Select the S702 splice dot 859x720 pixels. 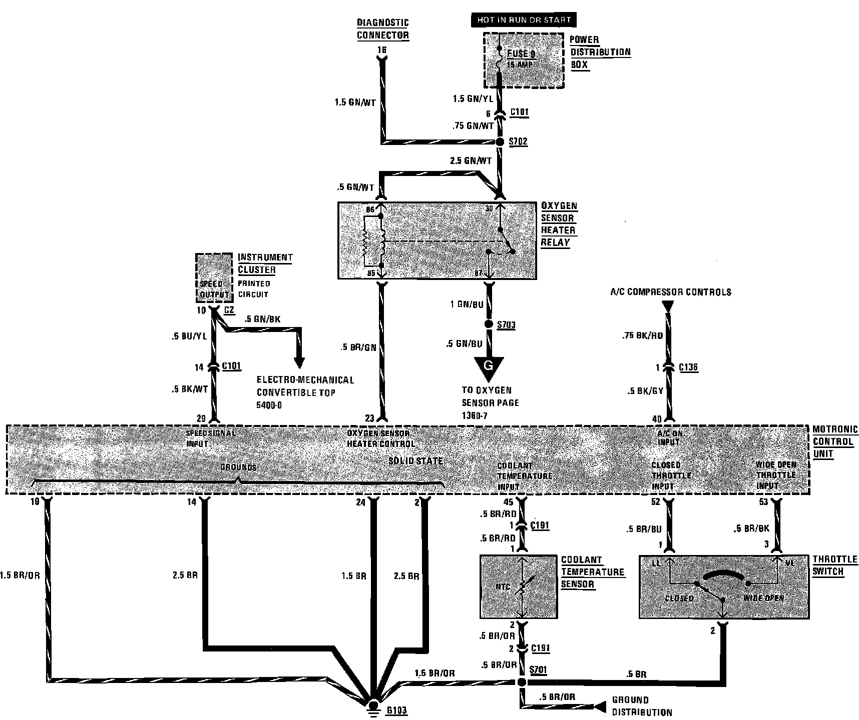coord(500,142)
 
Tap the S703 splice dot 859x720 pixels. coord(489,324)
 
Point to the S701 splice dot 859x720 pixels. coord(522,682)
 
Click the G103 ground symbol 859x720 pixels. coord(372,706)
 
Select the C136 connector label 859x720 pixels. coord(688,367)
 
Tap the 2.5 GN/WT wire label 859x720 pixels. coord(471,161)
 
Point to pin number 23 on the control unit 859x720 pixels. coord(369,418)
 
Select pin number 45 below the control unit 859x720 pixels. coord(508,502)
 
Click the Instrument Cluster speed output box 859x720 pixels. coord(214,277)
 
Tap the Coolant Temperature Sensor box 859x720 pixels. coord(519,586)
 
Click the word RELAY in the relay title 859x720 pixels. coord(555,243)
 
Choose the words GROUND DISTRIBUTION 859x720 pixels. coord(642,706)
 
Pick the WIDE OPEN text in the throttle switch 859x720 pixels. coord(763,598)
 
